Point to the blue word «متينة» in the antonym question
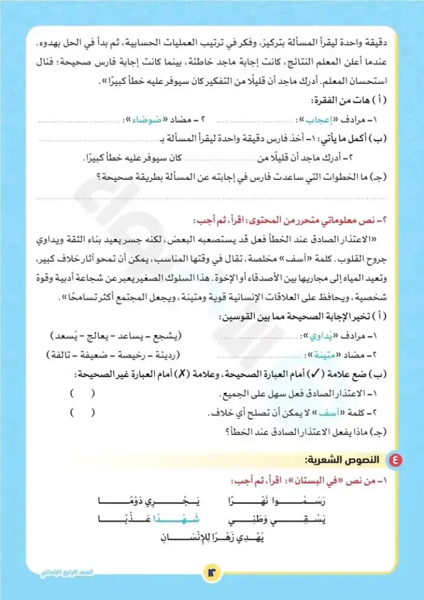click(x=317, y=355)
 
